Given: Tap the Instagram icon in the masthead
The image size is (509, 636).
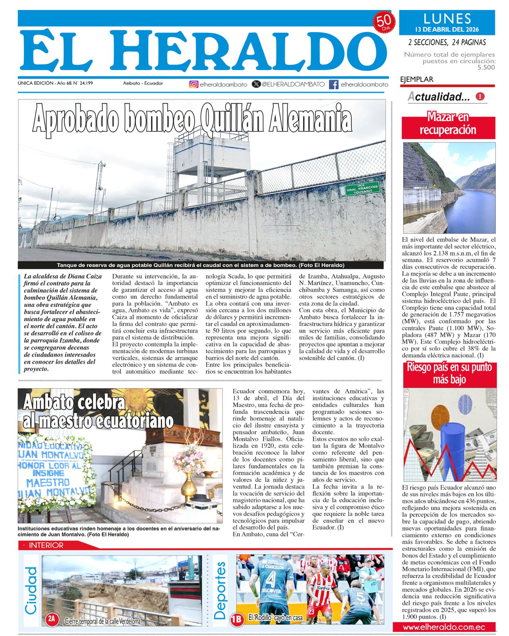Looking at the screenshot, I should [194, 84].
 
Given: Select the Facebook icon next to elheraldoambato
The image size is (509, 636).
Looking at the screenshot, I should [334, 84].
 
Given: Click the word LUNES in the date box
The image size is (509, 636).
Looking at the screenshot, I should [447, 19].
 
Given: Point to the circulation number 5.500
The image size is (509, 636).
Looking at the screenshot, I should [486, 68].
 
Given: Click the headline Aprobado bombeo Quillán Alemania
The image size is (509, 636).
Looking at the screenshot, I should [192, 118].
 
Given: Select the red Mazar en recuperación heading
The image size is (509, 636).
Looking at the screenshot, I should [448, 124].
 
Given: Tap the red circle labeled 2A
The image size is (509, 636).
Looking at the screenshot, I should [52, 619].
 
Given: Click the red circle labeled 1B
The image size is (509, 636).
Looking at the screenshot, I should [237, 619].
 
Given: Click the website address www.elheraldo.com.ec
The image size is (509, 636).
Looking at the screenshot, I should [444, 627].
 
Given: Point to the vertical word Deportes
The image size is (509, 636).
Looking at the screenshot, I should [220, 591].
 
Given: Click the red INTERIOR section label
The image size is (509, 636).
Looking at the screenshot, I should [46, 545].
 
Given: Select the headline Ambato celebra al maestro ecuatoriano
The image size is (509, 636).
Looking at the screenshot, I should [97, 412].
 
